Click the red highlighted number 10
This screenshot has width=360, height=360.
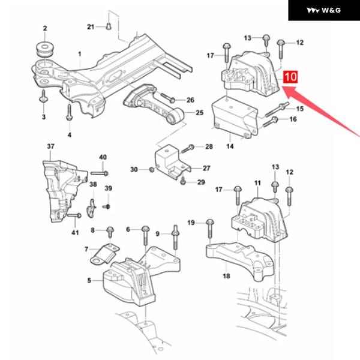pyautogui.click(x=290, y=77)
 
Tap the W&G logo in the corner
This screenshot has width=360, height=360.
pyautogui.click(x=324, y=11)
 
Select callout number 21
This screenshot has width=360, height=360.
pyautogui.click(x=91, y=27)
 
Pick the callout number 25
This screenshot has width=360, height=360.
pyautogui.click(x=200, y=113)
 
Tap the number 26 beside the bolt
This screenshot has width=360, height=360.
pyautogui.click(x=190, y=100)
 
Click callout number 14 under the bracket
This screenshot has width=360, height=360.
pyautogui.click(x=230, y=145)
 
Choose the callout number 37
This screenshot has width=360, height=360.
pyautogui.click(x=50, y=147)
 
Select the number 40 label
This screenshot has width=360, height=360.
pyautogui.click(x=103, y=157)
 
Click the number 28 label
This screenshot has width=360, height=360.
pyautogui.click(x=208, y=146)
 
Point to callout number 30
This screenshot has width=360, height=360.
pyautogui.click(x=134, y=170)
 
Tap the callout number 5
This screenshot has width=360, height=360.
pyautogui.click(x=89, y=280)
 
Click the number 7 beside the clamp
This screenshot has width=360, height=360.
pyautogui.click(x=86, y=249)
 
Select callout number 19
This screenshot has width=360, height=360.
pyautogui.click(x=191, y=223)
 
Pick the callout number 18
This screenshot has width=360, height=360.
pyautogui.click(x=226, y=277)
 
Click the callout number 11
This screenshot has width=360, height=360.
pyautogui.click(x=257, y=182)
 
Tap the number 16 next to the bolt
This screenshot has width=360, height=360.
pyautogui.click(x=293, y=119)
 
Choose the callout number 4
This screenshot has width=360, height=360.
pyautogui.click(x=69, y=134)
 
